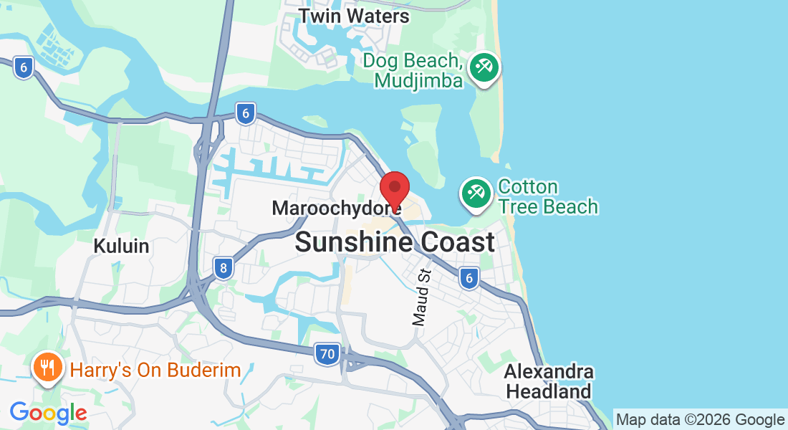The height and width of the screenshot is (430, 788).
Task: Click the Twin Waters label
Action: coord(353,16)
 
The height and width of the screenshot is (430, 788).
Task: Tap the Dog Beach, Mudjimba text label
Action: coord(412,70)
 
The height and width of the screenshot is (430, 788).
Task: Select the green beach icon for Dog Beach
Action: coord(484,69)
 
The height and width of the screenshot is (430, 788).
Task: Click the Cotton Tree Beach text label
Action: coord(548,197)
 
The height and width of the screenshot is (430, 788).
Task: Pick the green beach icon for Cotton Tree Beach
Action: coord(476,193)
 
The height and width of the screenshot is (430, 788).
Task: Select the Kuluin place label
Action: coord(121,247)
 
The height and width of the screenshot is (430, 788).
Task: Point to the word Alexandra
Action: coord(548,372)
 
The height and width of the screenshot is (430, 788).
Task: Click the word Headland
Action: coord(548,392)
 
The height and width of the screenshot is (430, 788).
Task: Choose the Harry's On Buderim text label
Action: coord(155,371)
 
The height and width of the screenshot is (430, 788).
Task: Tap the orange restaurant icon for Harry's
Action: coord(48,368)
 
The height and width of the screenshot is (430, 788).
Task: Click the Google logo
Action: coord(48,413)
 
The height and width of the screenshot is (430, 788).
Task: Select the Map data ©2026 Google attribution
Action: coord(700,420)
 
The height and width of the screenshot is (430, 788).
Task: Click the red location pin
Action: coord(394,189)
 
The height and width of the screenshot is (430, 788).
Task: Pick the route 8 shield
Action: coord(224,269)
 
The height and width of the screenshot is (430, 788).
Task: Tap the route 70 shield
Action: coord(327,353)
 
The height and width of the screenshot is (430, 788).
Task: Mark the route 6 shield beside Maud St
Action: coord(469,278)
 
